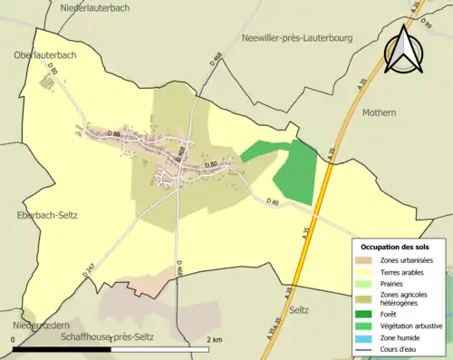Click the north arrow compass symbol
[405, 47]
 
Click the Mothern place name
[379, 112]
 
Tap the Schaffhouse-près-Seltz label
[108, 337]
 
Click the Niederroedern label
[34, 325]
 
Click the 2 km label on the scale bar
[215, 340]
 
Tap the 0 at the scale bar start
[14, 340]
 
